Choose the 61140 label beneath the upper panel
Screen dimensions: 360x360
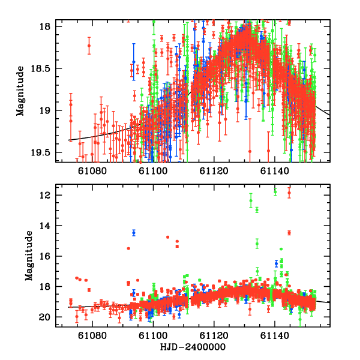[x=275, y=171]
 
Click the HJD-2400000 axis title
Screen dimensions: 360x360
[x=184, y=348]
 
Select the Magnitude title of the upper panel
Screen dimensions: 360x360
[x=20, y=90]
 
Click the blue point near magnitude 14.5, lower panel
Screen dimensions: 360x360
[x=134, y=232]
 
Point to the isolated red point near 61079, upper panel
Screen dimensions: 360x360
[x=89, y=46]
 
